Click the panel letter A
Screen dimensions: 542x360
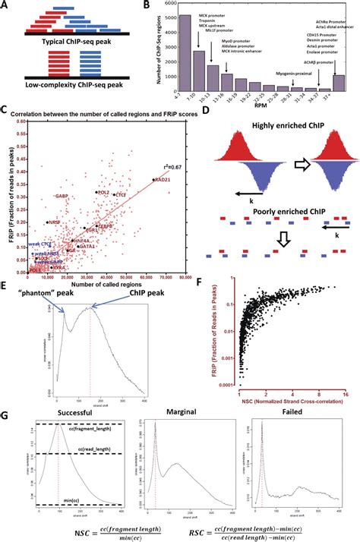click(x=5, y=5)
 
